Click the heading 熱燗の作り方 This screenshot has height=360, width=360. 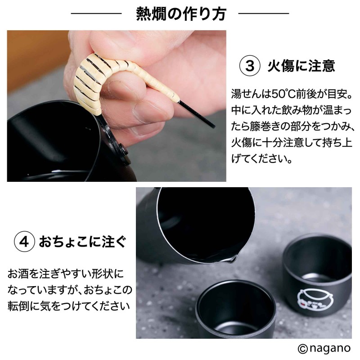[x=181, y=14]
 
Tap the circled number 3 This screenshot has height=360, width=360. [x=250, y=66]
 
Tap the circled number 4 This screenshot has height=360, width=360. [x=24, y=242]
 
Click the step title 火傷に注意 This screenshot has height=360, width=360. [x=301, y=66]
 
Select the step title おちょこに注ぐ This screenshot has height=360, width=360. [x=83, y=242]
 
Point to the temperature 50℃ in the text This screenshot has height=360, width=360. [x=284, y=94]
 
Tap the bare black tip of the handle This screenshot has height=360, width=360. [x=197, y=114]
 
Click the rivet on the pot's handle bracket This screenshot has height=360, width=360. [x=124, y=151]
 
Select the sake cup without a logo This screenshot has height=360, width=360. [x=236, y=310]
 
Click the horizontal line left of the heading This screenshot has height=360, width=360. [x=96, y=13]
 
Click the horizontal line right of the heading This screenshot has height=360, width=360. [x=264, y=13]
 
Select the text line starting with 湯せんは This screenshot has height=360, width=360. [x=292, y=94]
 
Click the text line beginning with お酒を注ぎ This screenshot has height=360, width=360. [x=65, y=274]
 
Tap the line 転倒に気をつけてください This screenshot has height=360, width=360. [x=69, y=306]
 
